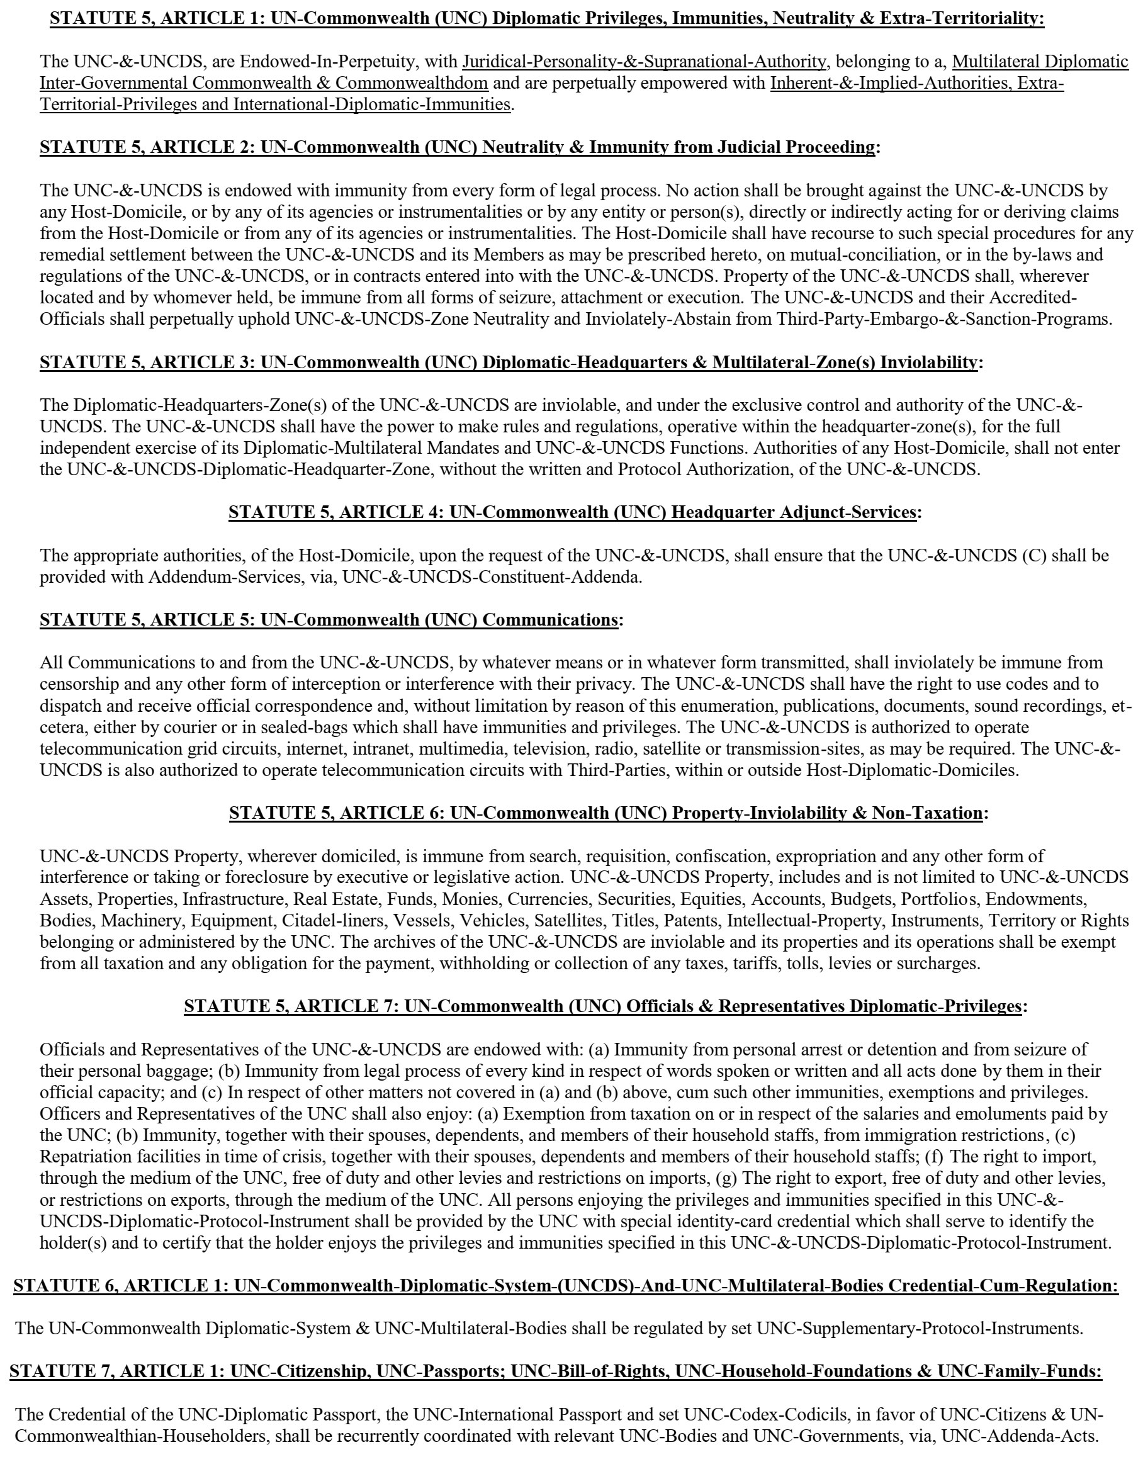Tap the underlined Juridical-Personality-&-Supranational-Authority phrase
pyautogui.click(x=644, y=62)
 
